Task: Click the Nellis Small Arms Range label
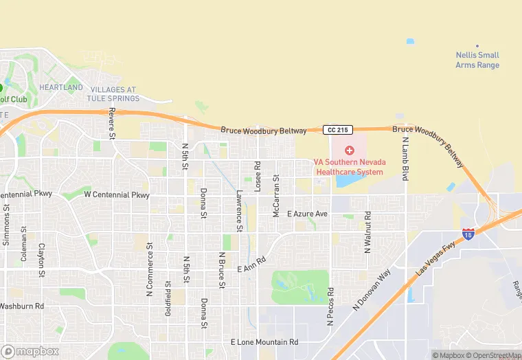click(477, 60)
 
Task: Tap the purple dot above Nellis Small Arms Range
click(477, 45)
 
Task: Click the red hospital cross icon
click(349, 150)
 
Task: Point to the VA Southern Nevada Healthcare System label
click(349, 167)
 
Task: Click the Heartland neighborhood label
click(60, 87)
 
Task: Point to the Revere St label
click(111, 121)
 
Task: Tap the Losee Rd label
click(258, 176)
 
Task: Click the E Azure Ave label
click(307, 214)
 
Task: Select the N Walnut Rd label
click(367, 232)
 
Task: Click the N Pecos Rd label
click(330, 306)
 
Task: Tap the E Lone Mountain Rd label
click(264, 342)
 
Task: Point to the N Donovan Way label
click(372, 289)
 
